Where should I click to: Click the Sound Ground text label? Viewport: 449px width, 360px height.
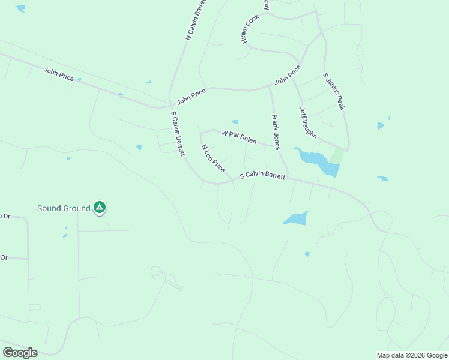click(x=64, y=208)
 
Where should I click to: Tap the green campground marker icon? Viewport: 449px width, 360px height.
click(x=100, y=208)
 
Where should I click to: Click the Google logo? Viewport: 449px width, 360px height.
click(x=20, y=352)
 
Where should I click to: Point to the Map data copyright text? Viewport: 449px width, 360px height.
click(x=412, y=355)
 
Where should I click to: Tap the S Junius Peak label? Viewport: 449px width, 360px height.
click(x=334, y=91)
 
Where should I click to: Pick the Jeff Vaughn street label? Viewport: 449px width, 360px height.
click(x=308, y=122)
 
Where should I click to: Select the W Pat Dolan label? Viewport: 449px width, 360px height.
click(x=239, y=137)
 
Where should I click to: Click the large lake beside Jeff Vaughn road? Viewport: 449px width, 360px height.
click(x=318, y=162)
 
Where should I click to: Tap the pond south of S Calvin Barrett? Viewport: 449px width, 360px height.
click(x=296, y=218)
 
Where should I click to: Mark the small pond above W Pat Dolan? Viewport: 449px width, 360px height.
click(x=235, y=122)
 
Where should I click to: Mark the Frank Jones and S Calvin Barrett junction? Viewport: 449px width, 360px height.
click(x=288, y=176)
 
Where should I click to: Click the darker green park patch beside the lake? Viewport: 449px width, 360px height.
click(x=337, y=156)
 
